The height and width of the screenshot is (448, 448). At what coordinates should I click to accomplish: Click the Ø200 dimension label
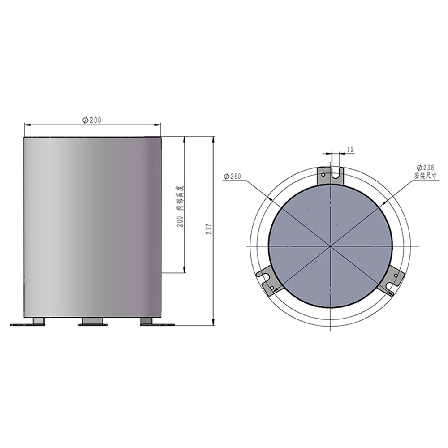click(92, 120)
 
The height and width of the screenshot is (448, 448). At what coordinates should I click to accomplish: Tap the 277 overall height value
click(209, 229)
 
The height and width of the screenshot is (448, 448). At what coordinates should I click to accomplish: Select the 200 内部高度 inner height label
click(180, 207)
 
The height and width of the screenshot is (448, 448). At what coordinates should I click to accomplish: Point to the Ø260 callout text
click(232, 176)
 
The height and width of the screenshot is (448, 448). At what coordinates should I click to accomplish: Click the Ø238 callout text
click(426, 168)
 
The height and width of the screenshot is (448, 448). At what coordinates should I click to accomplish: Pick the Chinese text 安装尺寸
click(426, 176)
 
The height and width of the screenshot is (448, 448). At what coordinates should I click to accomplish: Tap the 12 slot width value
click(350, 150)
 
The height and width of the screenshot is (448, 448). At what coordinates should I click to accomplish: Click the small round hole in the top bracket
click(323, 175)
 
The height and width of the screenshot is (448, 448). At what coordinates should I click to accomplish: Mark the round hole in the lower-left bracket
click(272, 288)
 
